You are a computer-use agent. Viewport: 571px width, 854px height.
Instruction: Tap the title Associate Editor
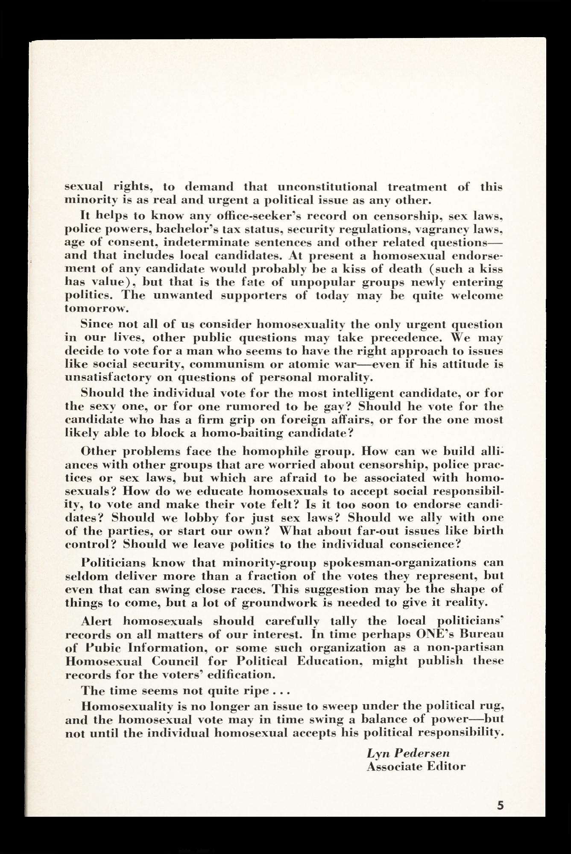point(416,766)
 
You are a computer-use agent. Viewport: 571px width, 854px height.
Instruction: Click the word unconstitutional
point(328,187)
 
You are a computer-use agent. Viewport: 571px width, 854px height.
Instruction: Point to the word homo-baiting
point(241,433)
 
